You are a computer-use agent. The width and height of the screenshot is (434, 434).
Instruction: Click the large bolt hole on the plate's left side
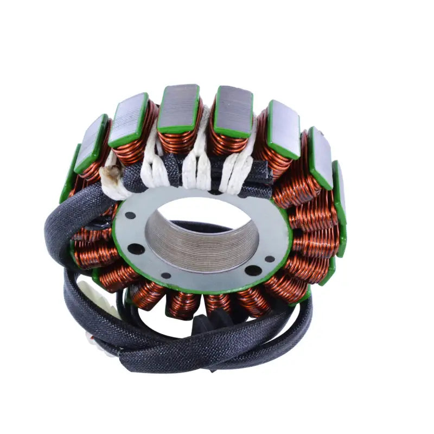coord(136,250)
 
